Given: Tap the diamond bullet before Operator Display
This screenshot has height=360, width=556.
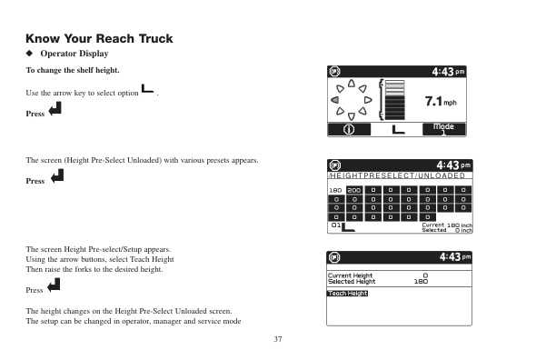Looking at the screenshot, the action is coord(29,55).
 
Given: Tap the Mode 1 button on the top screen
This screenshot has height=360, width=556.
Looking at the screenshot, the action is coord(443,129).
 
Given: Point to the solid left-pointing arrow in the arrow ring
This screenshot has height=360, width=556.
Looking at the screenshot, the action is coord(336,100).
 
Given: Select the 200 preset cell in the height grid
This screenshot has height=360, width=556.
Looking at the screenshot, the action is coord(353,190).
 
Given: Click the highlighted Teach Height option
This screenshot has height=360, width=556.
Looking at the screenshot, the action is coord(347,293).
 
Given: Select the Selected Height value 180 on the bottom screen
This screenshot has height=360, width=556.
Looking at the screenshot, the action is coord(421,282).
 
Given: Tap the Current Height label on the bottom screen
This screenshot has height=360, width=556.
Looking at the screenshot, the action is coord(350,275).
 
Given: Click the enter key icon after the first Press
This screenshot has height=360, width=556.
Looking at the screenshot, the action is coord(55,110).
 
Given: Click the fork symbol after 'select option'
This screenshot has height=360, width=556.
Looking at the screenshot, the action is coord(147,90).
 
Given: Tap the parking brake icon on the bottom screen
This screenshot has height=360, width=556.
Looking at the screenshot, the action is coord(333,257).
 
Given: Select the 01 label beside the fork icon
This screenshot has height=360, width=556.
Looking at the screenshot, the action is coord(334,224).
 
